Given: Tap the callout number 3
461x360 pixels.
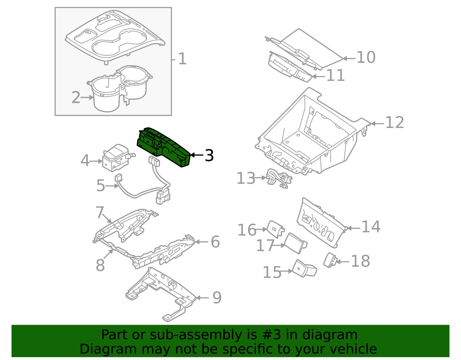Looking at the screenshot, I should coord(209,156).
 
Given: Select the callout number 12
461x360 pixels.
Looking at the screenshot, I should coord(394,123).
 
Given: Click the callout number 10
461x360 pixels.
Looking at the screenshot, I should coord(366,57).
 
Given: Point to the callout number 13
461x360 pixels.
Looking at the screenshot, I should coord(246,178).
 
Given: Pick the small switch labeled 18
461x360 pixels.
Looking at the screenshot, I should coord(330,260).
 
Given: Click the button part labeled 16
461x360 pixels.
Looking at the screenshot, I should coord(275,229).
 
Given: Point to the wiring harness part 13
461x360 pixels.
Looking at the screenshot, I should coord(279,179).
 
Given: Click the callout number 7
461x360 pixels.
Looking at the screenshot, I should coord(100,212).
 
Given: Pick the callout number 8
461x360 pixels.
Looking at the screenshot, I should coord(100,265).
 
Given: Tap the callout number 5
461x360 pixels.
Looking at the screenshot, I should coord(101,186).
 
